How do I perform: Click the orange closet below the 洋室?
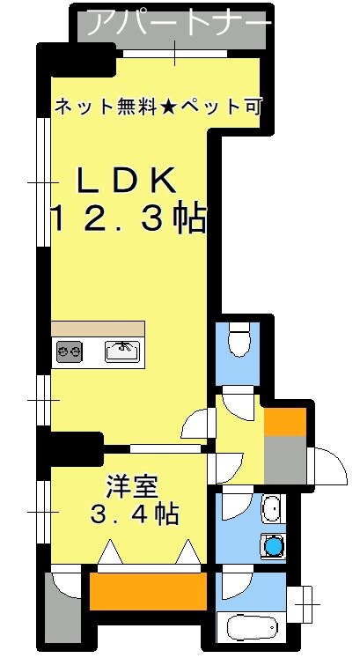pos(148,590)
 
